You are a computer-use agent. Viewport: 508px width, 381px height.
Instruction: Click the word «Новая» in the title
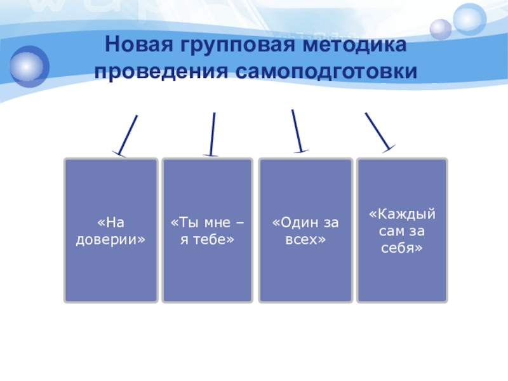tap(136, 46)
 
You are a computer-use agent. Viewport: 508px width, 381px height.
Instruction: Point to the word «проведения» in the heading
tap(162, 72)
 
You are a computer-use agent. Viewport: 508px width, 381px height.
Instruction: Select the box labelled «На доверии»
tap(110, 231)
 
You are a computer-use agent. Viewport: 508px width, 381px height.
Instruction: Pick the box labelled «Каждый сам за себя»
tap(402, 231)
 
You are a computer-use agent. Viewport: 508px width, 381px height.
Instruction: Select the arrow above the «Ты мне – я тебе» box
tap(211, 133)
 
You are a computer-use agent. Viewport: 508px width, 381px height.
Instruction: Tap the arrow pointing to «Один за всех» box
tap(297, 130)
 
